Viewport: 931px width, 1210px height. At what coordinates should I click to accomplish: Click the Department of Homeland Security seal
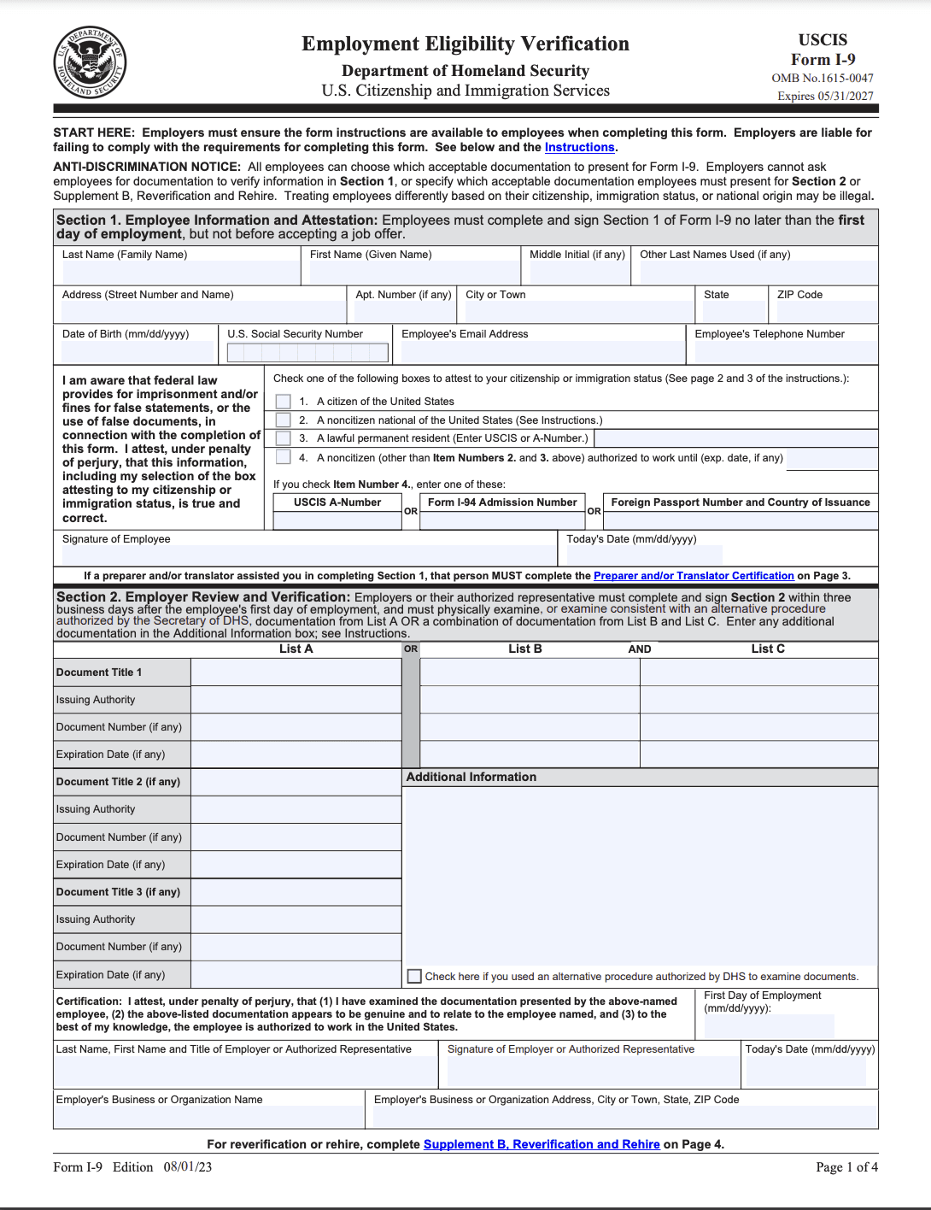90,62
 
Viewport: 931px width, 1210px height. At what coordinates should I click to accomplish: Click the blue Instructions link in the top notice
579,147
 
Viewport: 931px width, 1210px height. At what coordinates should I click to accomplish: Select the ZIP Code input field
826,310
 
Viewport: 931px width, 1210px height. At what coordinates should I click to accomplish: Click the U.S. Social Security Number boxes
307,352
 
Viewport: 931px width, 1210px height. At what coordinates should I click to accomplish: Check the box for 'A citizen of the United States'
284,402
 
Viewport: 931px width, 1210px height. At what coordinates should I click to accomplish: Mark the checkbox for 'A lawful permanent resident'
284,438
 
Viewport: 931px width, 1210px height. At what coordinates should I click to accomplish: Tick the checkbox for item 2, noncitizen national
284,420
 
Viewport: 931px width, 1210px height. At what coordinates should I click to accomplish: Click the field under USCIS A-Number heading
337,520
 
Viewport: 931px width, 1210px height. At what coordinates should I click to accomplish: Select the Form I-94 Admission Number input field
502,520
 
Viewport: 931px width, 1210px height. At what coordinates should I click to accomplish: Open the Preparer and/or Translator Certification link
694,576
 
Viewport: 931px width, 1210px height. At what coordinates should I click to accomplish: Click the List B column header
524,649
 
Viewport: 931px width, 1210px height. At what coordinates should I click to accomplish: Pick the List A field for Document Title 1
296,673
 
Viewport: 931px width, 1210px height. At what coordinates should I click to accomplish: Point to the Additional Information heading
471,777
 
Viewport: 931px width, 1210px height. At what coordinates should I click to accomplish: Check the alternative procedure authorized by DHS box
415,976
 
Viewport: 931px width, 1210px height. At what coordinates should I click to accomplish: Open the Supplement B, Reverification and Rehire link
542,1144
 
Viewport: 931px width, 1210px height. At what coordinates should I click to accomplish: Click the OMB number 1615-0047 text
823,78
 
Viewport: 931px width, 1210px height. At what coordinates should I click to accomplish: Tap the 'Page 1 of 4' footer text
846,1167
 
